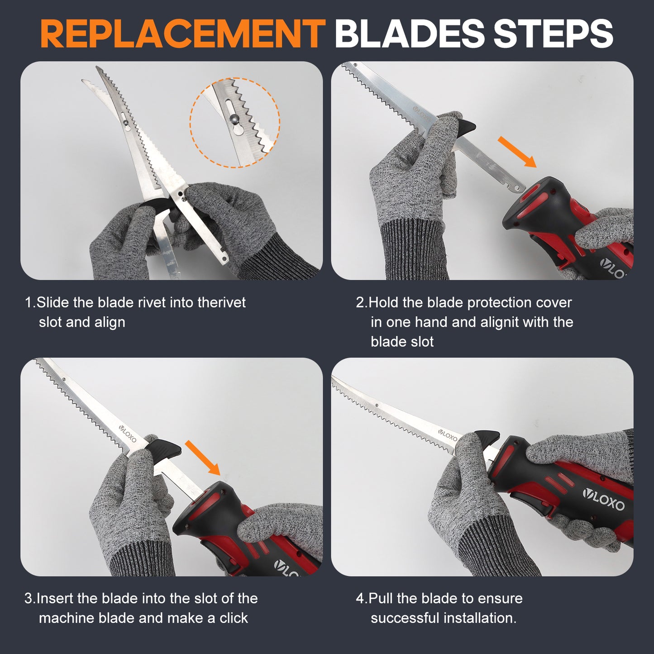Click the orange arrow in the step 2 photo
coord(517,152)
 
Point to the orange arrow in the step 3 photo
coord(202,458)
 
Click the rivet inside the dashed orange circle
coord(234,118)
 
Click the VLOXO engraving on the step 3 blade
coord(128,434)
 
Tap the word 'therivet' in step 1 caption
coord(221,302)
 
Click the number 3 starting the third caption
coord(28,599)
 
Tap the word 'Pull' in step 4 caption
coord(381,598)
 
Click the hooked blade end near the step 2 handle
coord(516,187)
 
